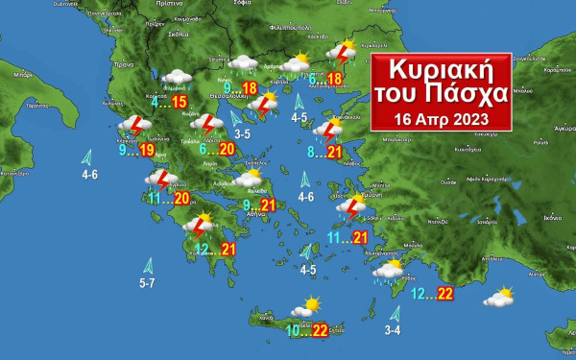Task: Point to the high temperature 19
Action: [x=147, y=150]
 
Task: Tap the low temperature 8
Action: [x=311, y=152]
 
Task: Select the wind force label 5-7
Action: [x=147, y=283]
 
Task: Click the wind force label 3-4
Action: [x=393, y=330]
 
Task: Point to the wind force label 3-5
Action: [x=242, y=133]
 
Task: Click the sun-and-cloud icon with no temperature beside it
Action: [x=498, y=297]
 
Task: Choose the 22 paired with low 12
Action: [x=444, y=294]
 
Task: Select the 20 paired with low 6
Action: [x=227, y=150]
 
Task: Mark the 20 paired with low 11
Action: [x=181, y=198]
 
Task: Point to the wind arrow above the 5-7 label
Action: [x=149, y=265]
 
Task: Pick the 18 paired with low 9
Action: [x=250, y=88]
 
